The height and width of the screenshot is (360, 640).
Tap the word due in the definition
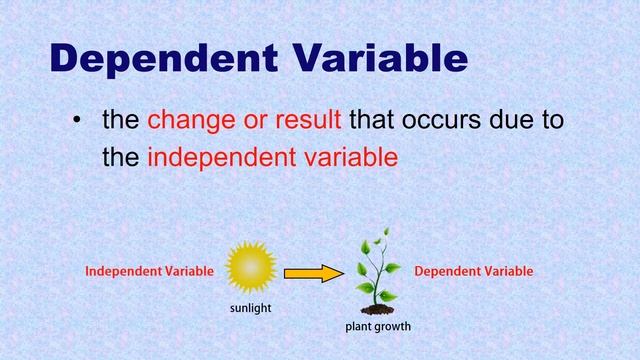click(x=509, y=121)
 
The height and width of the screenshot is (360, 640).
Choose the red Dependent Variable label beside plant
click(x=473, y=271)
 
